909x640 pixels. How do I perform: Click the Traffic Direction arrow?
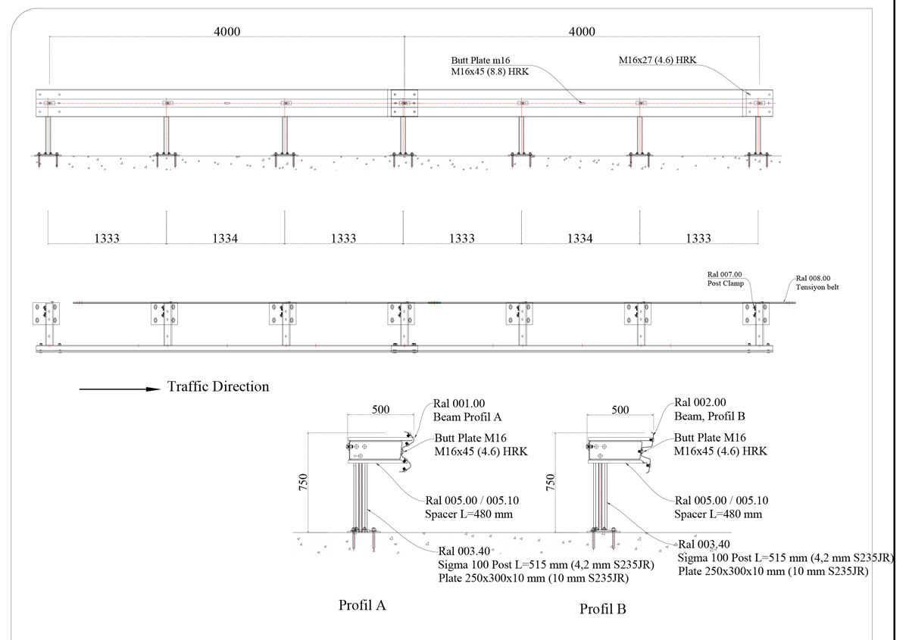120,389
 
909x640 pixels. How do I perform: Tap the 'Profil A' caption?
362,605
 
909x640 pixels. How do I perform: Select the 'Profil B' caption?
603,609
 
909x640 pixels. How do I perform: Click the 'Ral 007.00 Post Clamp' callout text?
725,279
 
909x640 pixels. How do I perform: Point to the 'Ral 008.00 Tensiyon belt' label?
817,283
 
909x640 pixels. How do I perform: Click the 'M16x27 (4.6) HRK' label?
658,60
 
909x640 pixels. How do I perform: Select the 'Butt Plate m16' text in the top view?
480,61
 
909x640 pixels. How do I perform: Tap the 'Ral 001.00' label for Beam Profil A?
459,404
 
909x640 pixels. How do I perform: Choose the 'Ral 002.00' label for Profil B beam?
700,402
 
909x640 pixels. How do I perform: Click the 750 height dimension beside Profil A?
303,482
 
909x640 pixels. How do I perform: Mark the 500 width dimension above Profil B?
620,410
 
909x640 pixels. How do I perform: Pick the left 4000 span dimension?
226,32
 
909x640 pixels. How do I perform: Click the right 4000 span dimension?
582,32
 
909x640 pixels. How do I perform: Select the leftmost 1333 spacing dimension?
107,239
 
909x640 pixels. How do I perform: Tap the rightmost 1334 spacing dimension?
580,239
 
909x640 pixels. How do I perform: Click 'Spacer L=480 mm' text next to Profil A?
469,514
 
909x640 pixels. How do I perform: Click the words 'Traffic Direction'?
218,386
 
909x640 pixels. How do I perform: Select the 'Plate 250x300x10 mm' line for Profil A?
492,578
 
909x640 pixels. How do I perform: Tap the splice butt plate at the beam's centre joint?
405,103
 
